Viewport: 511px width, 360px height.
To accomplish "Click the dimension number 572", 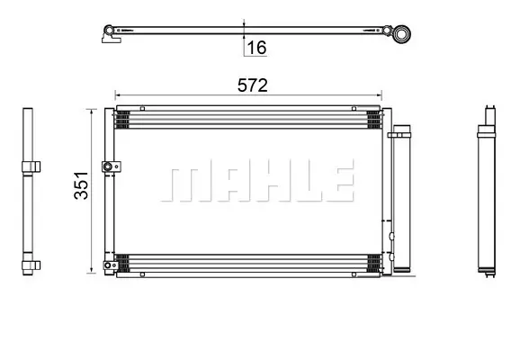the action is point(253,85).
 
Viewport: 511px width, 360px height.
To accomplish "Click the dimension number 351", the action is point(81,185).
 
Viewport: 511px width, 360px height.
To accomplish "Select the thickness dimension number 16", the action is point(256,48).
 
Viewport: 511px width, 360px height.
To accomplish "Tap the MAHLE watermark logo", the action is point(257,180).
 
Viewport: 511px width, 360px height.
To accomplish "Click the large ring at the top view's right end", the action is point(401,33).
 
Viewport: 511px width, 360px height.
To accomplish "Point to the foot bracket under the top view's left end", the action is point(112,39).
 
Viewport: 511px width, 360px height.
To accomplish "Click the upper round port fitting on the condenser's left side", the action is point(107,167).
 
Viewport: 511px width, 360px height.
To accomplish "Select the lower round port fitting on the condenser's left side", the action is point(108,265).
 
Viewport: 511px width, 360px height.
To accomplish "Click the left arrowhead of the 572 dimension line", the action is point(118,95).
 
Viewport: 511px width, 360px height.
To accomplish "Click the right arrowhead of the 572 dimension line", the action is point(379,95).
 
